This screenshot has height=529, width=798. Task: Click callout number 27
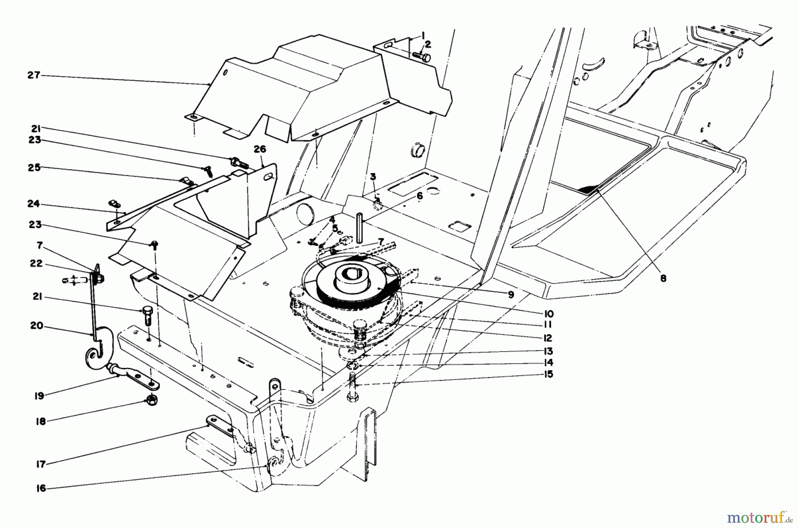[x=33, y=75]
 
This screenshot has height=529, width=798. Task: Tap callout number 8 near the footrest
[x=663, y=279]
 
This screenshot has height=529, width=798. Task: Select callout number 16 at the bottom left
[x=40, y=488]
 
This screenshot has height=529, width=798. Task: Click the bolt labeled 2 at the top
[x=421, y=57]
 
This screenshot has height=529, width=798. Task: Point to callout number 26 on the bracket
[x=260, y=149]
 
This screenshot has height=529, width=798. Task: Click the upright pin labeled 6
[x=360, y=228]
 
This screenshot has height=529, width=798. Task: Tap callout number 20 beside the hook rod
[x=36, y=326]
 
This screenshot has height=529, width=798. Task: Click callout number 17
[x=40, y=464]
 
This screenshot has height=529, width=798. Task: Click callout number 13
[x=548, y=351]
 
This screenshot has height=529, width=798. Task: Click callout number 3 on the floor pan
[x=373, y=177]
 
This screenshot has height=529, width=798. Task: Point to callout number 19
[x=39, y=395]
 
